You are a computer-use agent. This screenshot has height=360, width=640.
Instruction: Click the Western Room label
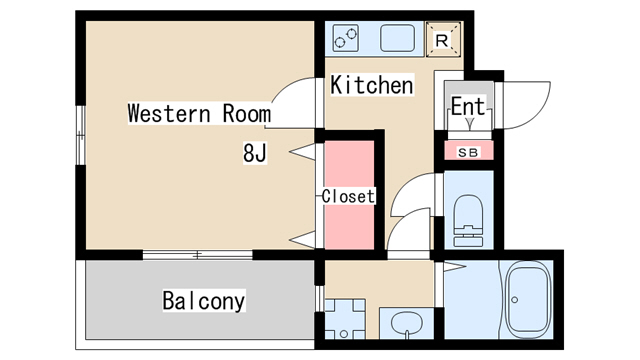click(x=199, y=113)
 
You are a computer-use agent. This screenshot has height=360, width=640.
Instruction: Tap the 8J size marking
click(x=255, y=153)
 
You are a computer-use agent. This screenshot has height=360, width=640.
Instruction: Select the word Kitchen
click(x=372, y=85)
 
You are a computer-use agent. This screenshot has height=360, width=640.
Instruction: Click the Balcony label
click(x=204, y=301)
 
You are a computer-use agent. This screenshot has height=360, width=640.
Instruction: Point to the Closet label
click(x=348, y=196)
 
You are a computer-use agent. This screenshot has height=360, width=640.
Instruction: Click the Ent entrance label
click(x=468, y=106)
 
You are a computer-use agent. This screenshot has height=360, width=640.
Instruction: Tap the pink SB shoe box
click(x=469, y=150)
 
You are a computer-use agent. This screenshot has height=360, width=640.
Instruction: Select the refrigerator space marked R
click(x=443, y=40)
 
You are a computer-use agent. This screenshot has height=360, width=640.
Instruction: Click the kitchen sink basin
click(x=398, y=38)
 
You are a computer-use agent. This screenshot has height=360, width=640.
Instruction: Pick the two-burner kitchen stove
click(x=345, y=38)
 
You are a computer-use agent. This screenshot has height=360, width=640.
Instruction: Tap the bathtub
click(x=528, y=300)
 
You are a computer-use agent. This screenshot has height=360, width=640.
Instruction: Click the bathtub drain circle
click(x=515, y=300)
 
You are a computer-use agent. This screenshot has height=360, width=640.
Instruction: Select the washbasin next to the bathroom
click(x=407, y=324)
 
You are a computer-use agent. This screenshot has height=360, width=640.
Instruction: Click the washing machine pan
click(x=345, y=319)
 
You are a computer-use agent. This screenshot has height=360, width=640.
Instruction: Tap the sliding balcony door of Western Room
click(x=198, y=255)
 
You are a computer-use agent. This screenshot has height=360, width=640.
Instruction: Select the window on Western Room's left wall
click(x=81, y=135)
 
